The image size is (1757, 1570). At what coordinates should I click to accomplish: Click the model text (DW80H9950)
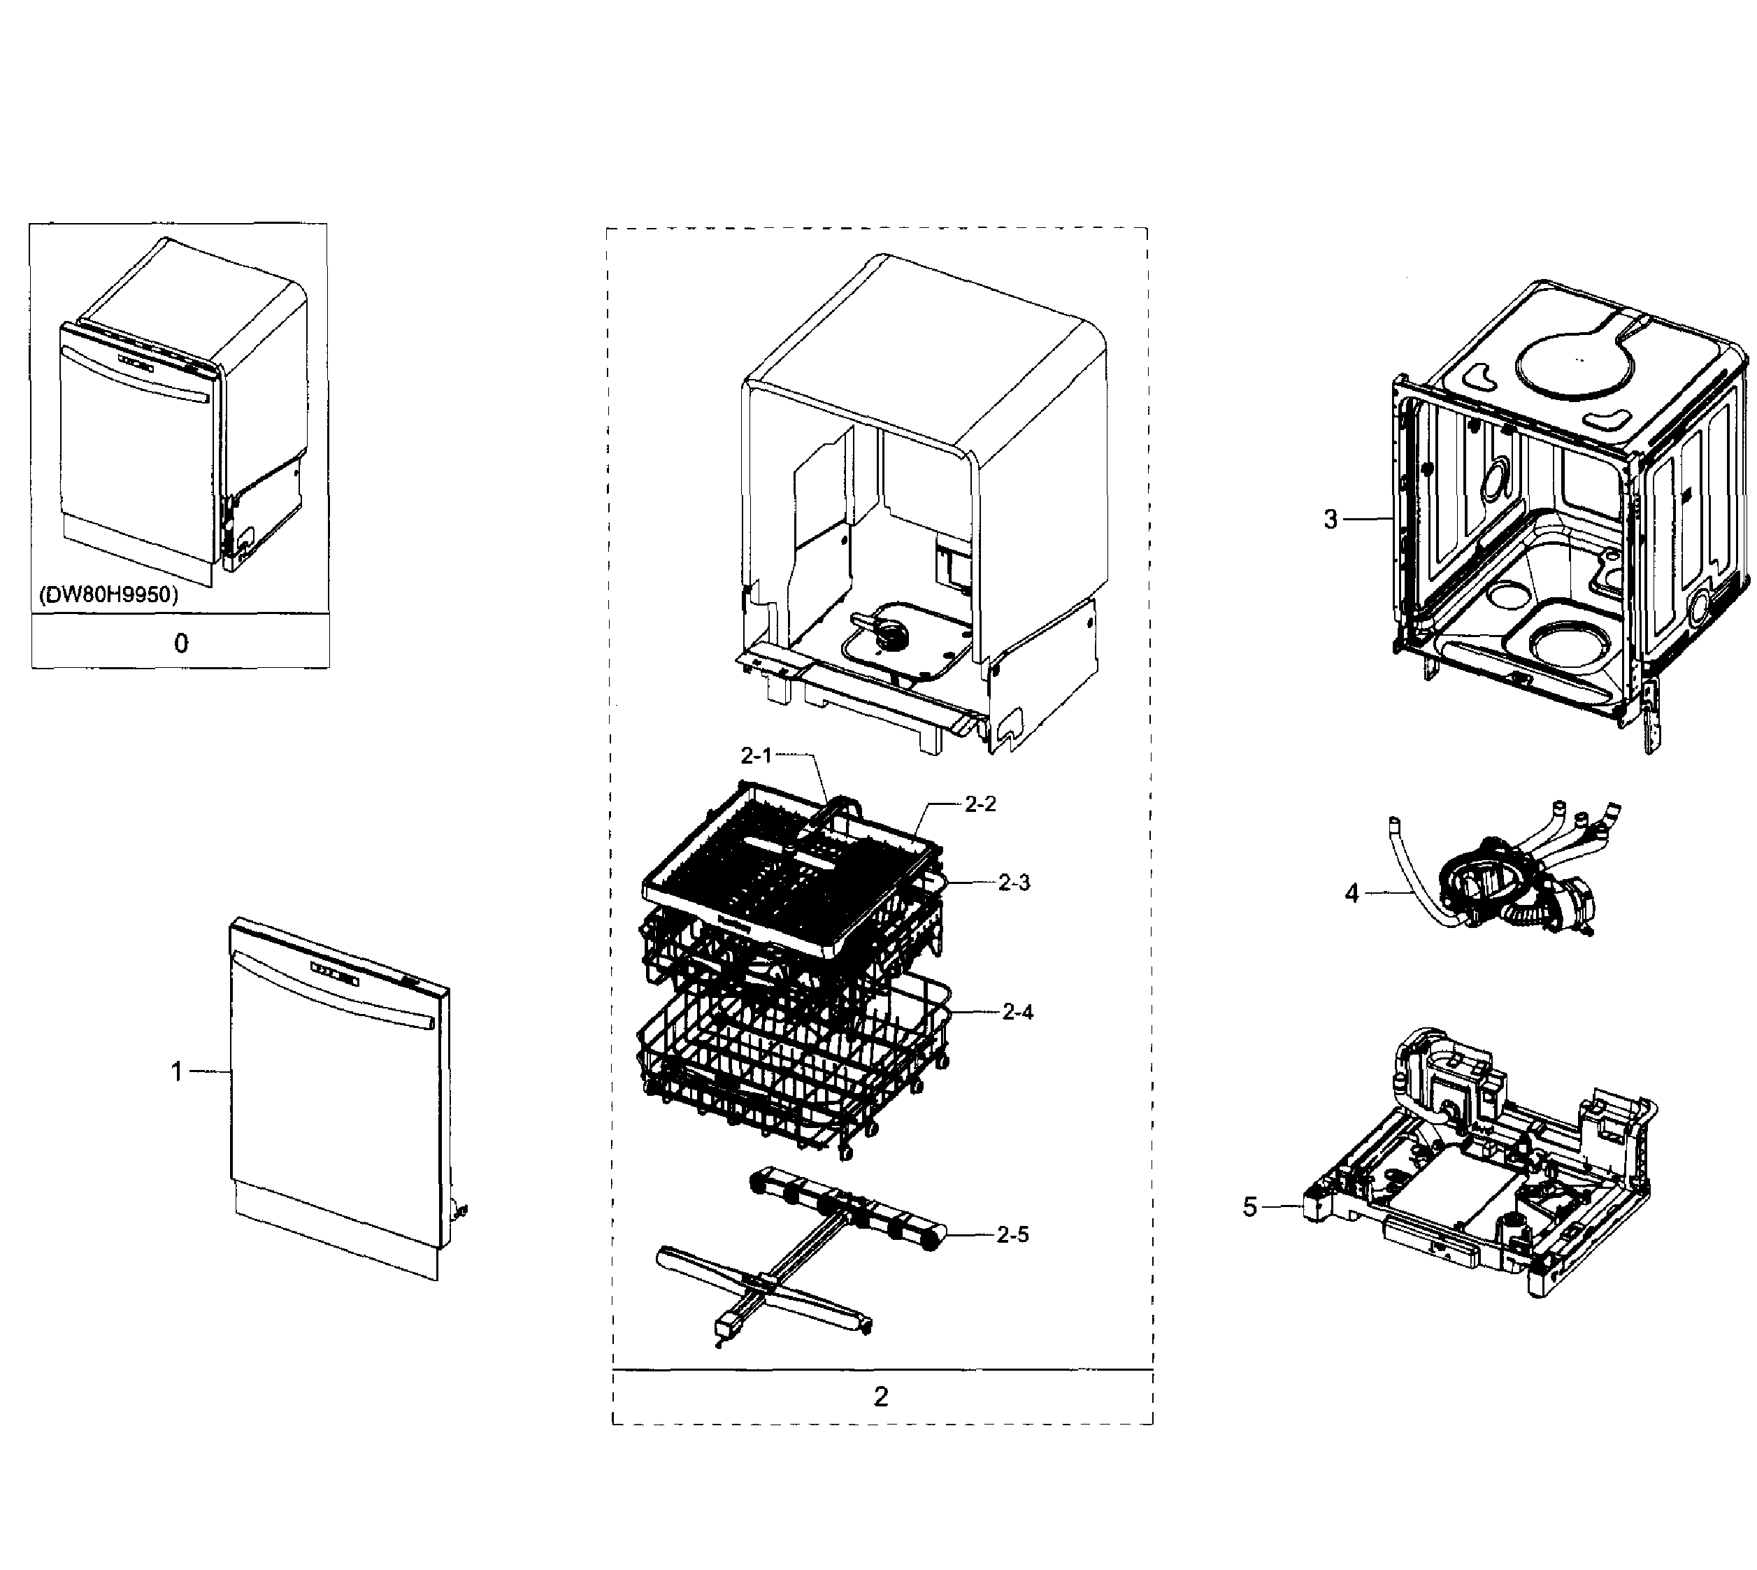[x=108, y=595]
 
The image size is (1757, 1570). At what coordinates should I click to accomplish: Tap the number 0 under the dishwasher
[x=180, y=643]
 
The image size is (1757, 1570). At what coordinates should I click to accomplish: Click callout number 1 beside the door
[x=177, y=1071]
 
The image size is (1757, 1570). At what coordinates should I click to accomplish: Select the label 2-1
[x=756, y=756]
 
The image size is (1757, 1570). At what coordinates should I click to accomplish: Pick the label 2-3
[x=1014, y=883]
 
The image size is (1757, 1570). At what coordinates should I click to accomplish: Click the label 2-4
[x=1017, y=1011]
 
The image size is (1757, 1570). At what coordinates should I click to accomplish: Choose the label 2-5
[x=1012, y=1234]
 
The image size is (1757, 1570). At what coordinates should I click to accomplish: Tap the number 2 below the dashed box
[x=881, y=1397]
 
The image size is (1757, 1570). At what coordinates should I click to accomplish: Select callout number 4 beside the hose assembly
[x=1351, y=894]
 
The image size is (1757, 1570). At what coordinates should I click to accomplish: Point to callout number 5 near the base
[x=1250, y=1207]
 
